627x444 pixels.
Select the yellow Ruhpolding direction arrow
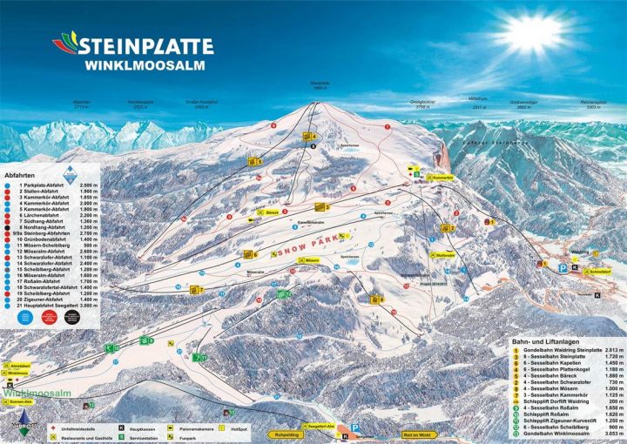click(x=268, y=433)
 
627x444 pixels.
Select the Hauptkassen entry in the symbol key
click(x=144, y=428)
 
